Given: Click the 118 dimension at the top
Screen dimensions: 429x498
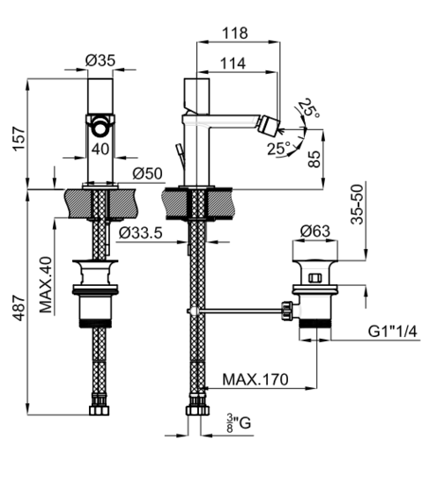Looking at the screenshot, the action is pyautogui.click(x=234, y=33).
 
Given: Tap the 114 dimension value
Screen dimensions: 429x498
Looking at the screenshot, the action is pyautogui.click(x=233, y=63).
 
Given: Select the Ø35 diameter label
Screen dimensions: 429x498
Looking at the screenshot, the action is pyautogui.click(x=100, y=61).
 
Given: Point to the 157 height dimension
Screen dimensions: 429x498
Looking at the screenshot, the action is pyautogui.click(x=19, y=139).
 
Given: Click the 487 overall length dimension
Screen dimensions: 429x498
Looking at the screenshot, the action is pyautogui.click(x=19, y=308).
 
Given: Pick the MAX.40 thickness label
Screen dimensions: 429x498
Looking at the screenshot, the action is pyautogui.click(x=46, y=284).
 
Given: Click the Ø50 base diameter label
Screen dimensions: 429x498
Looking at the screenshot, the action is pyautogui.click(x=147, y=173).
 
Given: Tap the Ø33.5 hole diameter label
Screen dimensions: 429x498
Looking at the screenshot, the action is pyautogui.click(x=141, y=233).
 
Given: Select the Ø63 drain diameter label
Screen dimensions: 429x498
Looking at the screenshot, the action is pyautogui.click(x=314, y=231).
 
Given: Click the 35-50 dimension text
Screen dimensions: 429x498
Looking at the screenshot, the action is pyautogui.click(x=357, y=204).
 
